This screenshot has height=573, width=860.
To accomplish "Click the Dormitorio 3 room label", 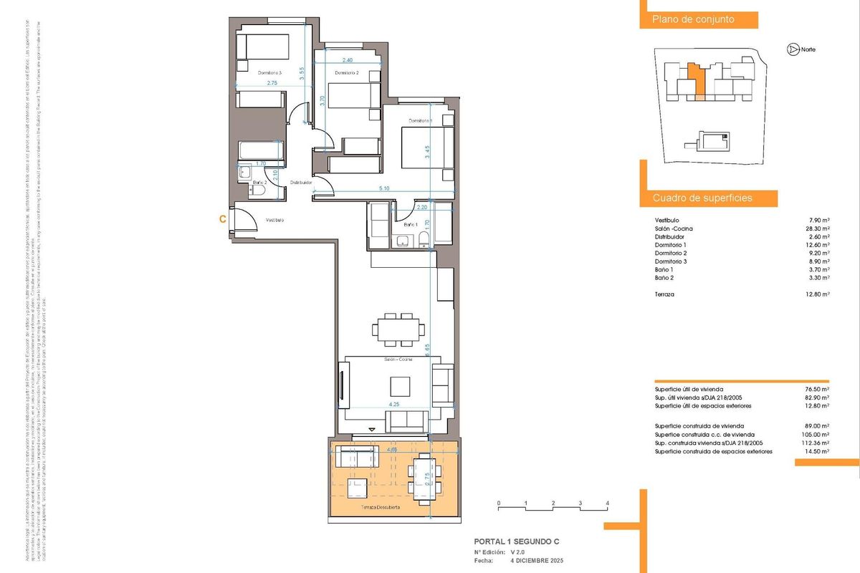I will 270,72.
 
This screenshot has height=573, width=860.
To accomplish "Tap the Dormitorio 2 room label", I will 347,73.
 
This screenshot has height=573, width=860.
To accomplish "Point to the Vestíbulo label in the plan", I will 274,220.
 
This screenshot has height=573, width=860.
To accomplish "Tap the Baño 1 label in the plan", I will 411,225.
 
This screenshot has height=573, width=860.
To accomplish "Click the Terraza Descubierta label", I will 380,507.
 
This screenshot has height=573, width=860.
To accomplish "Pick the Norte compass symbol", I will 792,49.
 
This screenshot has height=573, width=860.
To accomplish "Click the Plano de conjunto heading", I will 692,20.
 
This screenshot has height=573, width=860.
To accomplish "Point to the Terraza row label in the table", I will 666,294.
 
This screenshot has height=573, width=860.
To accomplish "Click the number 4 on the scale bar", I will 607,504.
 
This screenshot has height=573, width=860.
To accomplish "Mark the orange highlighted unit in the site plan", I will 697,79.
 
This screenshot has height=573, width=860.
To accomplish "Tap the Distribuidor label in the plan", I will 301,183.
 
